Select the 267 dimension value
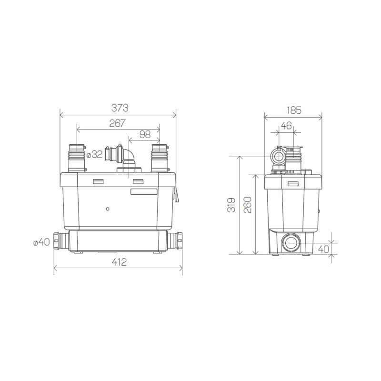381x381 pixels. click(117, 123)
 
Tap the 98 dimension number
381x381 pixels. click(145, 135)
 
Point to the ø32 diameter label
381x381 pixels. click(94, 154)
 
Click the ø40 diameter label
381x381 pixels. click(41, 242)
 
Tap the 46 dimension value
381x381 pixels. click(286, 126)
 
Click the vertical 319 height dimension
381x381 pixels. click(231, 205)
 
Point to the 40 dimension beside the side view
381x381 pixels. click(324, 248)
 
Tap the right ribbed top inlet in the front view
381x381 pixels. click(159, 157)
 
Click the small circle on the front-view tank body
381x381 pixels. click(108, 209)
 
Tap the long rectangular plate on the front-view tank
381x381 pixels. click(143, 192)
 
